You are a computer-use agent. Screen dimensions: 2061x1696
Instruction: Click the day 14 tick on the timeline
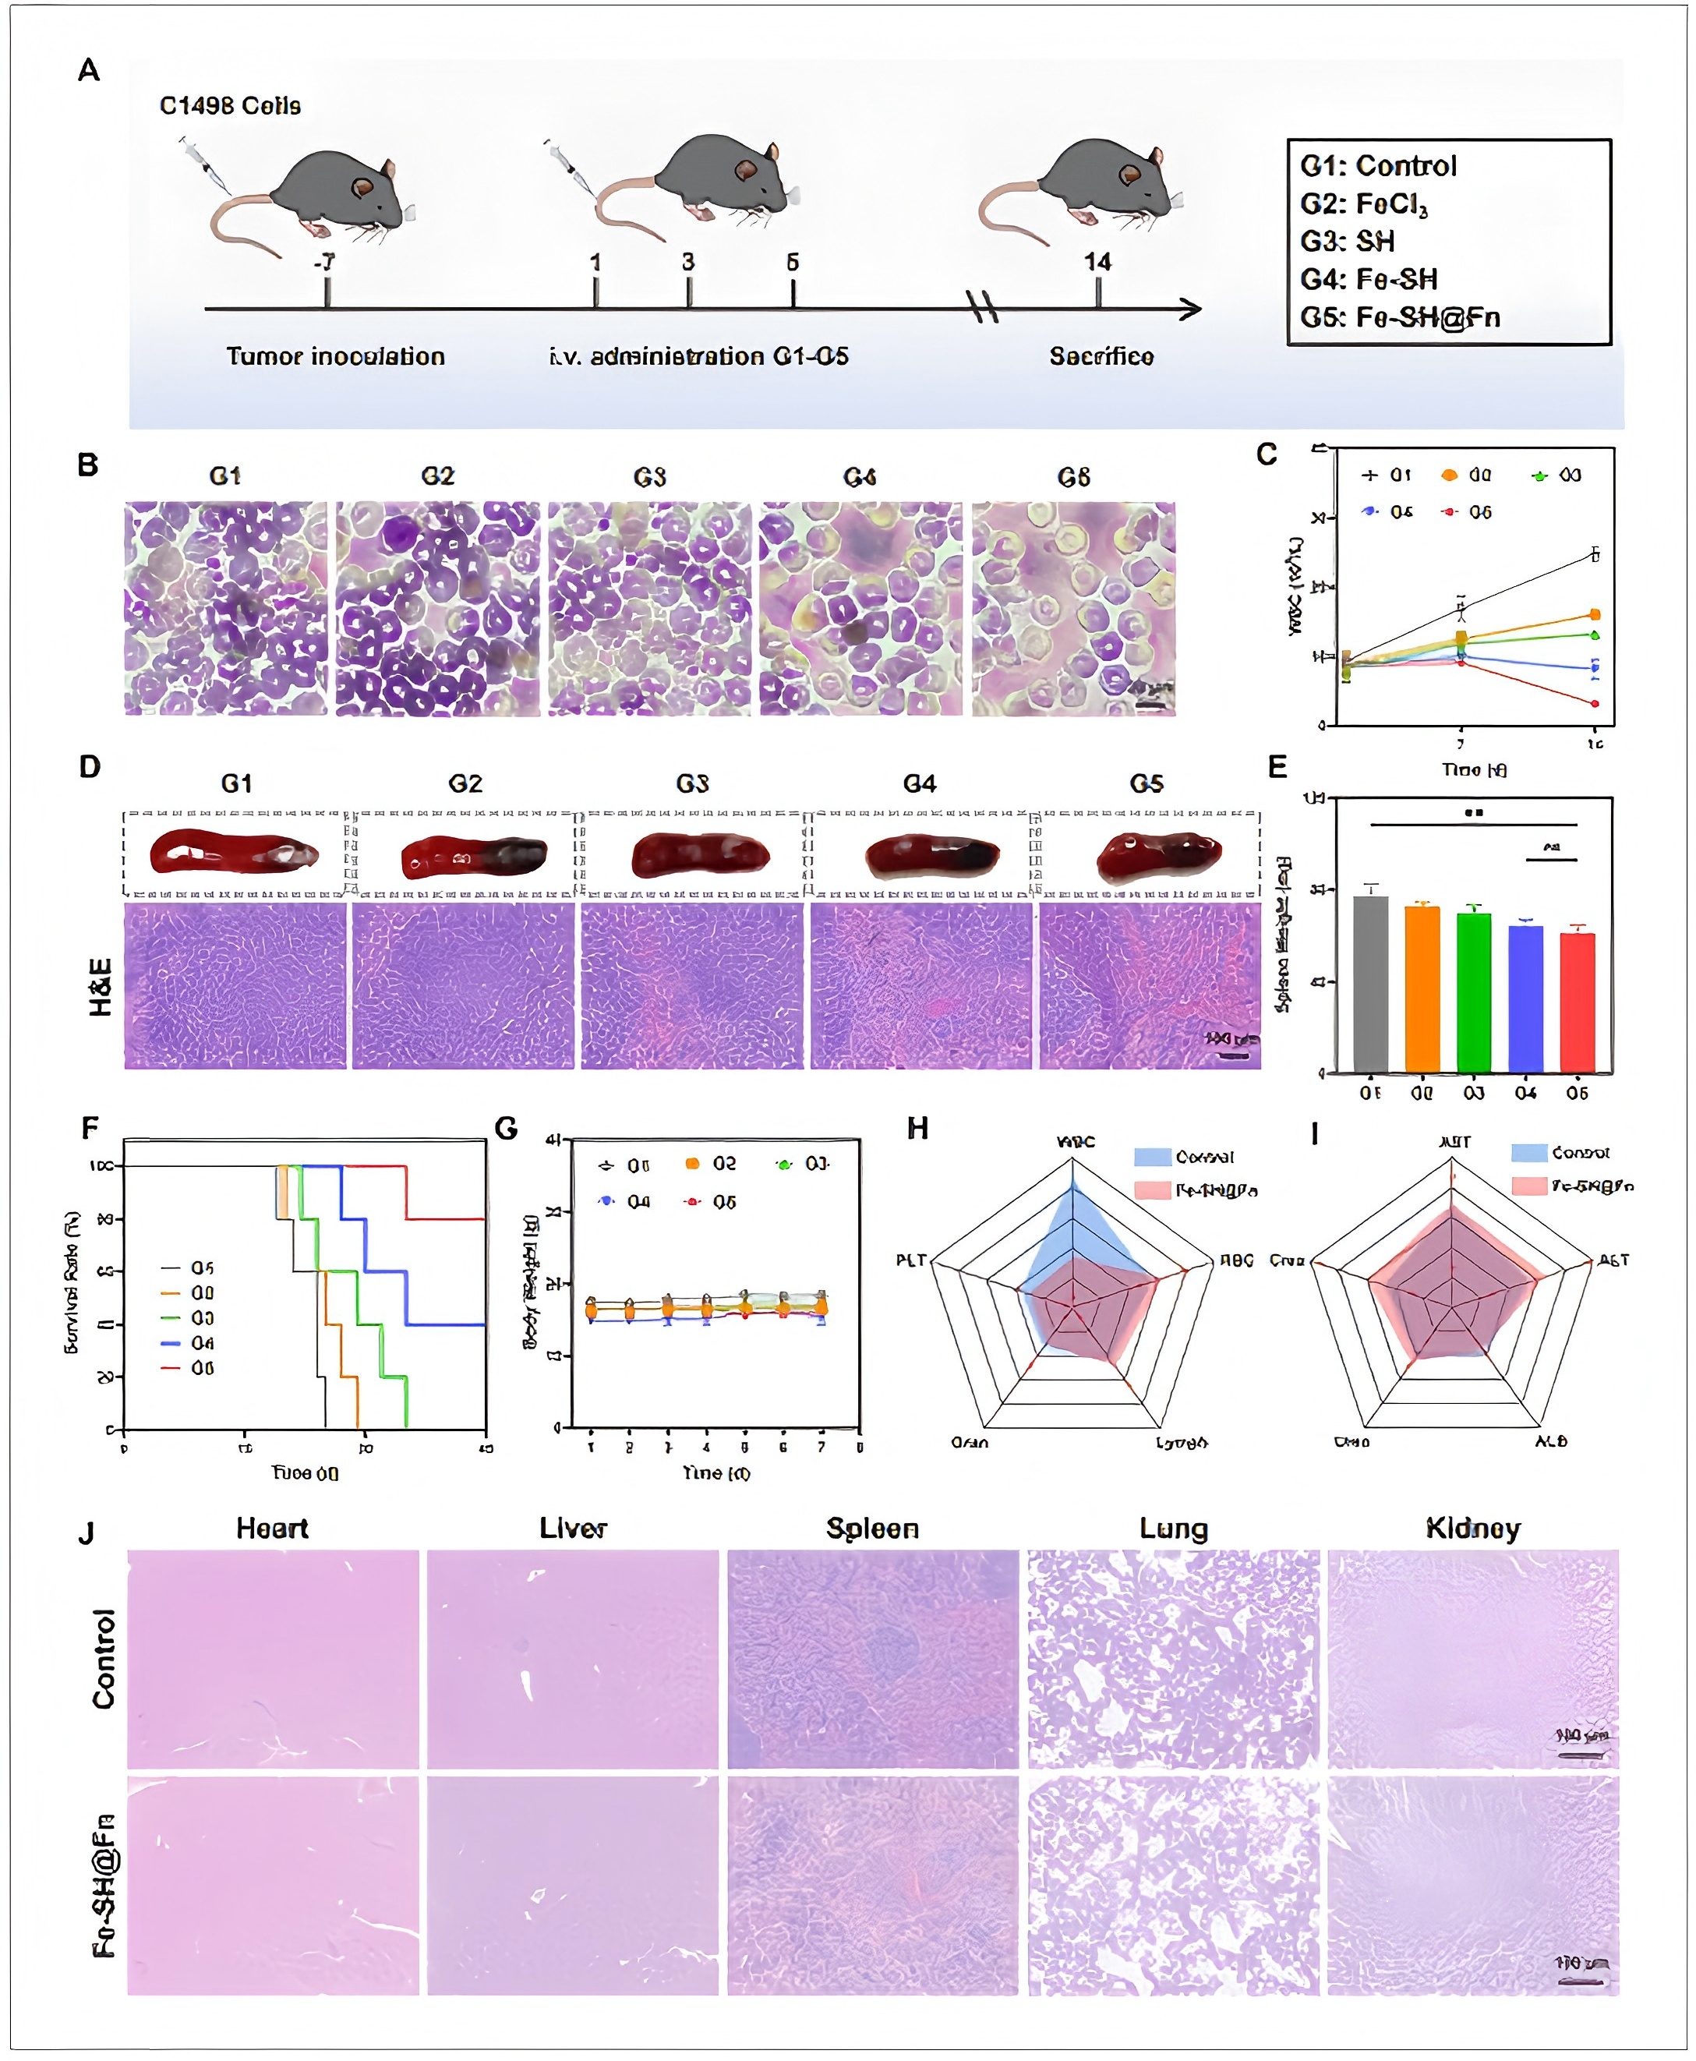(1097, 292)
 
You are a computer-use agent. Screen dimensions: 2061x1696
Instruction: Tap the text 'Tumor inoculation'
(335, 357)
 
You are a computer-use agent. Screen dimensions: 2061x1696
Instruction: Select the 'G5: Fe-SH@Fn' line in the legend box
(1399, 317)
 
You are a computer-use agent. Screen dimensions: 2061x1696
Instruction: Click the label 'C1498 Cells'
(230, 105)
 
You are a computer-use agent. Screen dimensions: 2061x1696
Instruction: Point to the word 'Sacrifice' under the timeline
(1101, 357)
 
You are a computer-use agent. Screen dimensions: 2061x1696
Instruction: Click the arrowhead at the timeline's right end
(1191, 309)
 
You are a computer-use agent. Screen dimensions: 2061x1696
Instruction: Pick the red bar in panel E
(1577, 1002)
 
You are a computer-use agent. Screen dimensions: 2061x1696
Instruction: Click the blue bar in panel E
(1525, 997)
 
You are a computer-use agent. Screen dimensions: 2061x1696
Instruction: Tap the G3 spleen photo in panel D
(699, 855)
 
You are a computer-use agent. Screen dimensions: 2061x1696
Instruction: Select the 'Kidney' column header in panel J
(1472, 1529)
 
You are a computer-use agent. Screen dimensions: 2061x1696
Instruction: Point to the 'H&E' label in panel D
(101, 987)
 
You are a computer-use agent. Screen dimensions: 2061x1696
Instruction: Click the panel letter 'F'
(90, 1129)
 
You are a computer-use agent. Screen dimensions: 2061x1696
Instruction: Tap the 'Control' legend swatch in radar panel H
(1152, 1157)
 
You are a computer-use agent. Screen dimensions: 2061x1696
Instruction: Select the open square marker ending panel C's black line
(1595, 555)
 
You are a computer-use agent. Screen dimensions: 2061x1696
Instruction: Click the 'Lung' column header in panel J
(1173, 1529)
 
